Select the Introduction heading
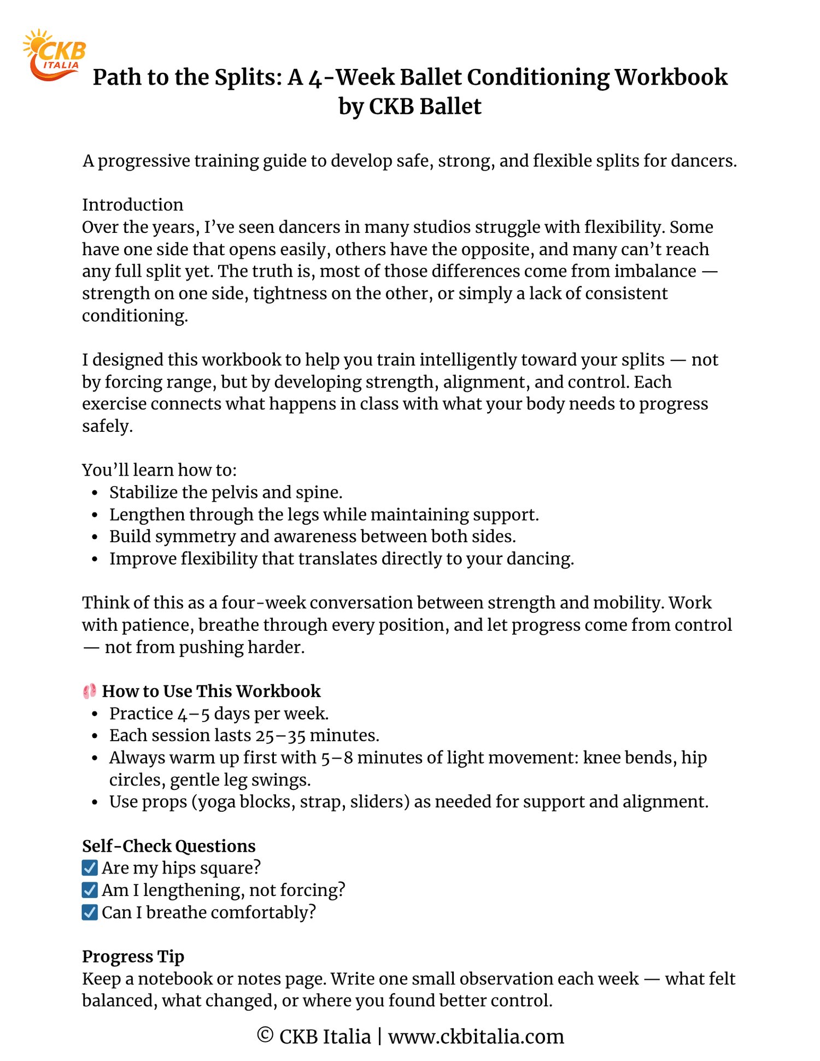[x=133, y=204]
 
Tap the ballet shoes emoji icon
[x=90, y=691]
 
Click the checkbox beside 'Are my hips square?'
[x=90, y=867]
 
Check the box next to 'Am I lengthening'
[x=90, y=890]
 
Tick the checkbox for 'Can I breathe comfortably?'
[x=90, y=912]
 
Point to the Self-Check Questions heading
[x=168, y=846]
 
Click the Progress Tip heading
[x=133, y=956]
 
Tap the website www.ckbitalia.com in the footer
[x=476, y=1036]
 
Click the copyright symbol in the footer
[x=265, y=1035]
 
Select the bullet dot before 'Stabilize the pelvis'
[x=95, y=493]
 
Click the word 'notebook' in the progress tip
[x=175, y=978]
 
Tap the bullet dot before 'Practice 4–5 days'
[x=95, y=714]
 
